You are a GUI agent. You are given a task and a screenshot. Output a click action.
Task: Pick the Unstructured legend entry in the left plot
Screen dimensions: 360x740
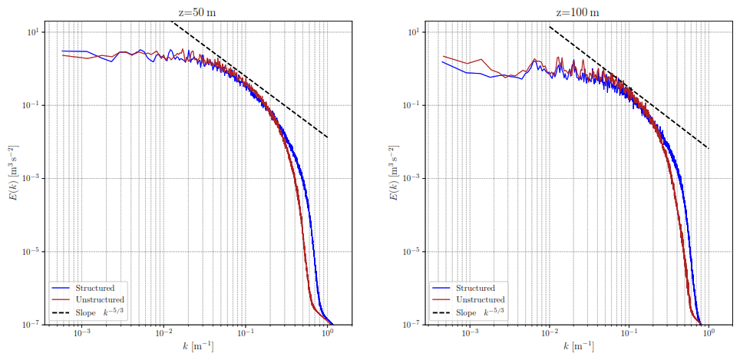[x=99, y=299]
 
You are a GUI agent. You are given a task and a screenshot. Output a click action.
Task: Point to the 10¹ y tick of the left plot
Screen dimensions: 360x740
[x=34, y=32]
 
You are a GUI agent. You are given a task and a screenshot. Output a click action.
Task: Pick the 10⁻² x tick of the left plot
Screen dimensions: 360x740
[x=164, y=335]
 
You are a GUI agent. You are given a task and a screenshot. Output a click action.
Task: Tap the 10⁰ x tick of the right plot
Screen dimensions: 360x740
[x=709, y=335]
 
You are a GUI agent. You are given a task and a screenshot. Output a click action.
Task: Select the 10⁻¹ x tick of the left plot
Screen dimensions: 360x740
[x=246, y=335]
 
